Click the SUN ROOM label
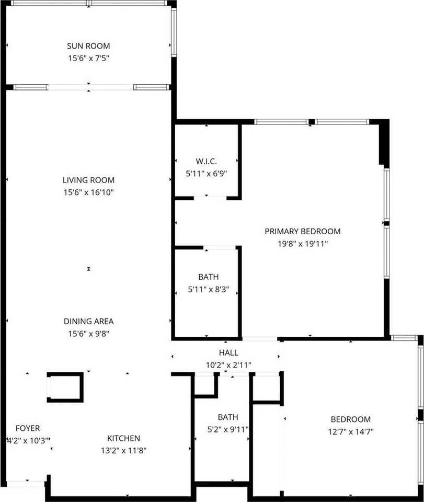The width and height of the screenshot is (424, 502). coord(88,47)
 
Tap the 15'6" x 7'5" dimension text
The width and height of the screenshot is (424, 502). coord(88,59)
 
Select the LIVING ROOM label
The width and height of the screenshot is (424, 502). coord(88,180)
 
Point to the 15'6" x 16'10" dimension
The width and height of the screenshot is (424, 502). coord(88,192)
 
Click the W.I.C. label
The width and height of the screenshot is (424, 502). coord(207,161)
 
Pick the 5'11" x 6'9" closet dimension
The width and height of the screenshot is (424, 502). coord(207,173)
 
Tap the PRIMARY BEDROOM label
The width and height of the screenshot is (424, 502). coord(302,231)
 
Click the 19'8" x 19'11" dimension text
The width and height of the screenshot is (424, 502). coord(302,243)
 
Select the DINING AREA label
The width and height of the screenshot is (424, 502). coord(88,322)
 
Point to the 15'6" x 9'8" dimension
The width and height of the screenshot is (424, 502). coord(88,334)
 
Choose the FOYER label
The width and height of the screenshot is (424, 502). coord(27,428)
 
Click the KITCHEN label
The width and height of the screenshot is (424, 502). coord(123,438)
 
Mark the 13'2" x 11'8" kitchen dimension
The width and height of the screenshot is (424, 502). coord(123,450)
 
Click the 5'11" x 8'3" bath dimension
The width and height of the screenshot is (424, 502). coord(208,289)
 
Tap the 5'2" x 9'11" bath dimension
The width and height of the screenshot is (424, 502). coord(228,430)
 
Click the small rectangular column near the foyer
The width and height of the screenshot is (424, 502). coord(65,387)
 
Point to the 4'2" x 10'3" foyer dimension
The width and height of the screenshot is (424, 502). coord(27,440)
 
